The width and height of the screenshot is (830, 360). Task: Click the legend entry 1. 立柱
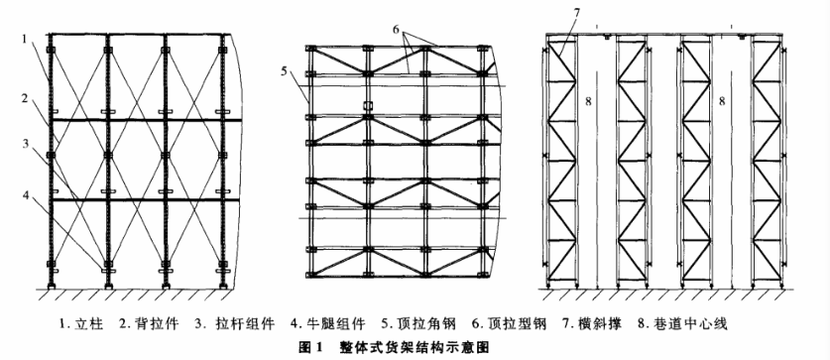pos(85,324)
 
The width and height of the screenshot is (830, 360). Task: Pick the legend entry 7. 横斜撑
pos(551,324)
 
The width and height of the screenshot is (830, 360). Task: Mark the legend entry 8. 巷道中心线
pos(634,324)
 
